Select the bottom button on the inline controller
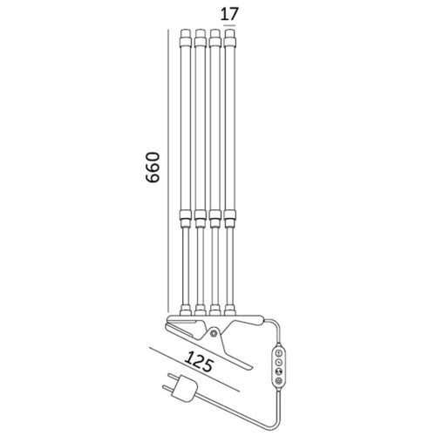point(279,380)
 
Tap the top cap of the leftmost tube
point(186,38)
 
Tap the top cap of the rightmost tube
point(230,38)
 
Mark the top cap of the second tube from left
point(201,38)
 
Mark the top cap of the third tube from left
point(215,38)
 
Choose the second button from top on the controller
point(279,362)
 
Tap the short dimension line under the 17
point(230,27)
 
